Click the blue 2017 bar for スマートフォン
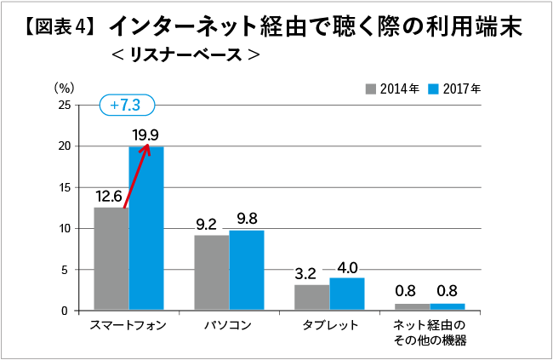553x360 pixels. coord(146,228)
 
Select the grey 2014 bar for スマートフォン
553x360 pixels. coord(111,259)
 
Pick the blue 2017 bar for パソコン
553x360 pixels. coord(247,271)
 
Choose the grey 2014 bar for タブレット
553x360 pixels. coord(311,297)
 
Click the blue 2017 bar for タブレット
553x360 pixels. coord(346,294)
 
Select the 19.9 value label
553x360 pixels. coord(145,134)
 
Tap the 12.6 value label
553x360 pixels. coord(111,195)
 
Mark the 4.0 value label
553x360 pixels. coord(346,266)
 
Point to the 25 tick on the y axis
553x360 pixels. coord(65,105)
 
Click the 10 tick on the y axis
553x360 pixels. coord(65,229)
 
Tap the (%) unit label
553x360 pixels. coord(65,87)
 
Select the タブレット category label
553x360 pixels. coord(330,326)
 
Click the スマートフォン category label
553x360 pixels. coord(128,326)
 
